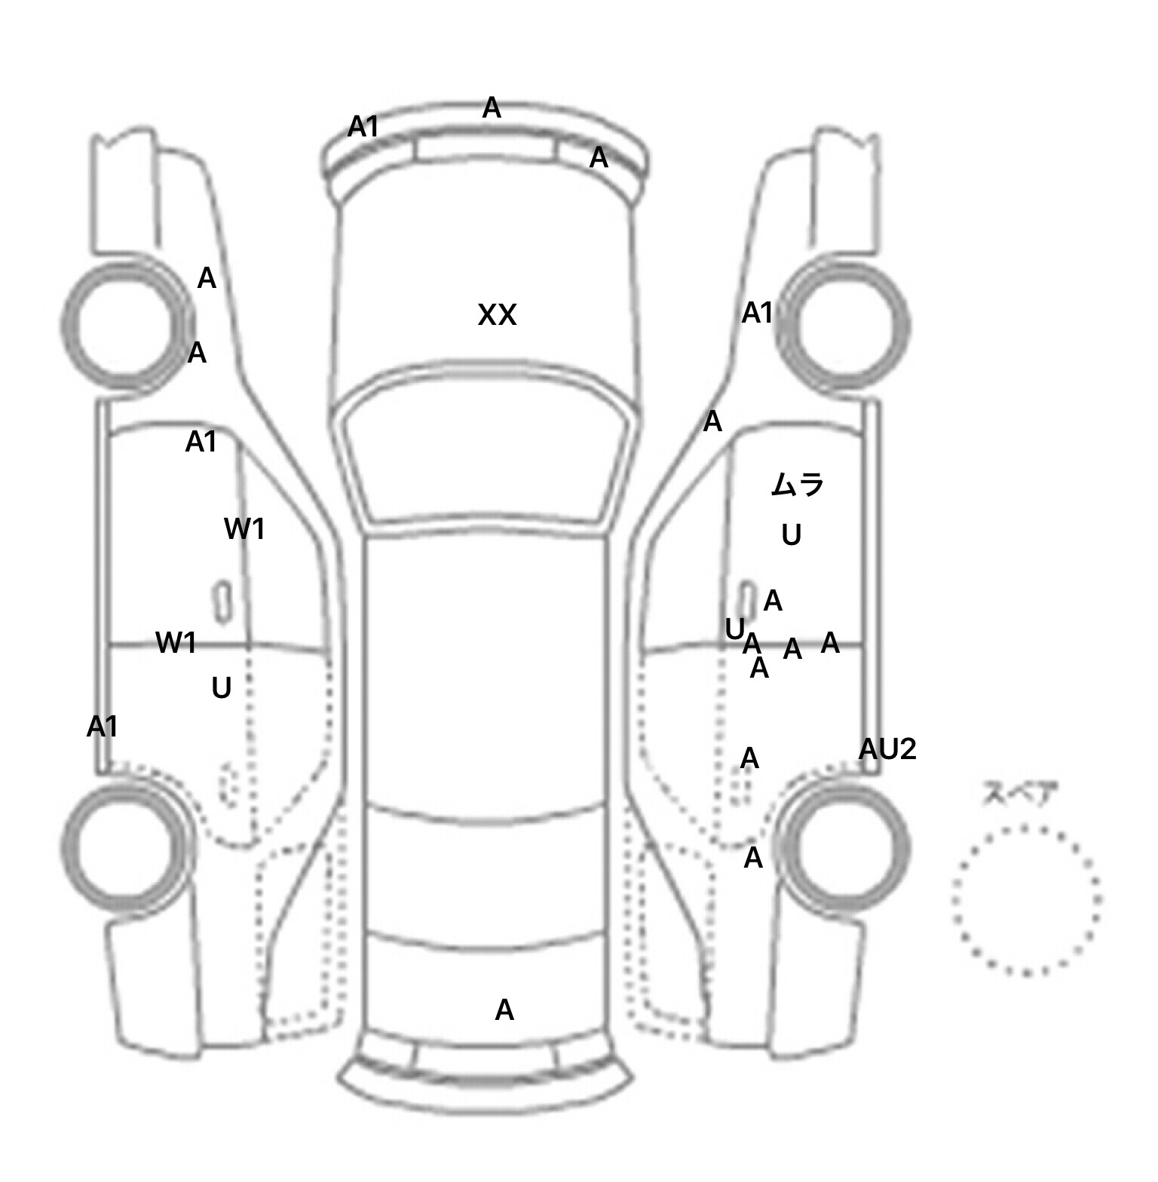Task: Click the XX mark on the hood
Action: pyautogui.click(x=498, y=315)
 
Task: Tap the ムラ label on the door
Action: pyautogui.click(x=798, y=484)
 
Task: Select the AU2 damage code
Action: pyautogui.click(x=887, y=749)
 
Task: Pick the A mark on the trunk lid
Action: pyautogui.click(x=504, y=1010)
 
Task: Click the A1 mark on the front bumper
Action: pyautogui.click(x=363, y=127)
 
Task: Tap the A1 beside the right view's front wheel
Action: pyautogui.click(x=758, y=313)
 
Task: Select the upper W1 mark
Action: pyautogui.click(x=245, y=529)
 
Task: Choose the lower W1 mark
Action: pyautogui.click(x=176, y=643)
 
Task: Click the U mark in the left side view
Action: pyautogui.click(x=221, y=687)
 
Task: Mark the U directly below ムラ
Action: pyautogui.click(x=791, y=535)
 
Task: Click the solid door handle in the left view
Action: pyautogui.click(x=223, y=602)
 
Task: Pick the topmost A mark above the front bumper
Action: pyautogui.click(x=492, y=108)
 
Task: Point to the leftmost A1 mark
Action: pyautogui.click(x=103, y=727)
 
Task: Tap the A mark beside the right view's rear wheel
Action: pyautogui.click(x=753, y=858)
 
